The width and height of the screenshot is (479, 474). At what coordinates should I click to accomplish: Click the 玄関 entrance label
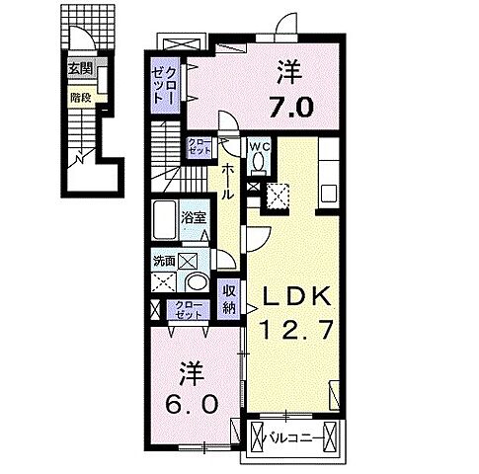pyautogui.click(x=80, y=69)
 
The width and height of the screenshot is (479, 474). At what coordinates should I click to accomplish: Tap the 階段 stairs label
pyautogui.click(x=80, y=97)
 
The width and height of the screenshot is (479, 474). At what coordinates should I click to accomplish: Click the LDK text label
pyautogui.click(x=292, y=294)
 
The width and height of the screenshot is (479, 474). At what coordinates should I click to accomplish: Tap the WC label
pyautogui.click(x=260, y=148)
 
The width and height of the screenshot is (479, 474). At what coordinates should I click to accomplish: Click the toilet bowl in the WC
pyautogui.click(x=260, y=166)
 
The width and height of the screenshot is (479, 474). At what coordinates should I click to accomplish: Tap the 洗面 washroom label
pyautogui.click(x=164, y=262)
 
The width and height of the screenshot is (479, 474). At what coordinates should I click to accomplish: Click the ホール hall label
pyautogui.click(x=227, y=182)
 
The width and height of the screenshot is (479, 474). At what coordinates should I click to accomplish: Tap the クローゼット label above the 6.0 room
pyautogui.click(x=188, y=309)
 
